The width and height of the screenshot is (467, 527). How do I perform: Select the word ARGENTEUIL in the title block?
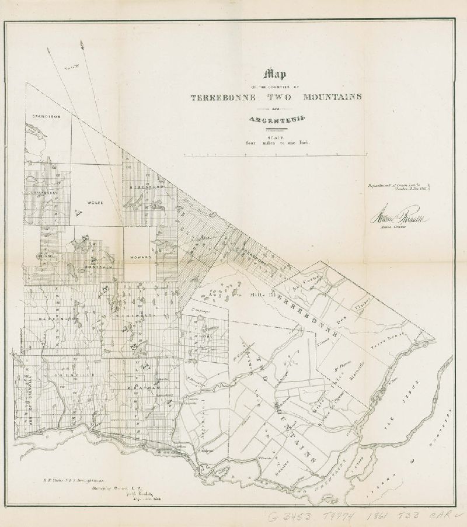click(276, 121)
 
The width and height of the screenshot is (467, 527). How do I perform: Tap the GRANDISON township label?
click(47, 116)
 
